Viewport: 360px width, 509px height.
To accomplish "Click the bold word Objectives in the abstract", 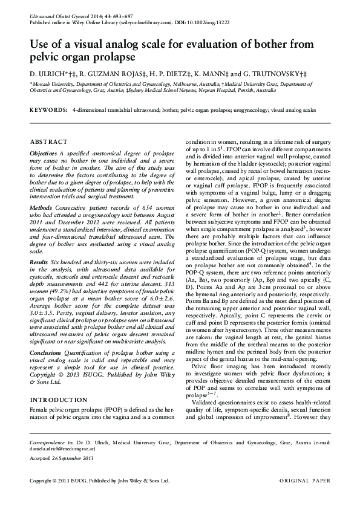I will click(x=44, y=154).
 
